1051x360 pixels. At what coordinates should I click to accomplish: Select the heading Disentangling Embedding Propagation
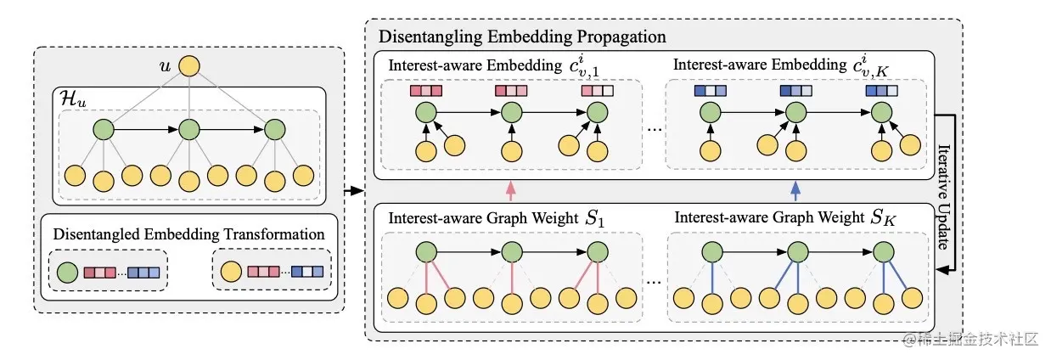click(x=522, y=37)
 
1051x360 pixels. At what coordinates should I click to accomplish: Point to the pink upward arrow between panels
click(x=510, y=188)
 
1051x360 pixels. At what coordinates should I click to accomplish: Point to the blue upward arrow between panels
click(x=795, y=188)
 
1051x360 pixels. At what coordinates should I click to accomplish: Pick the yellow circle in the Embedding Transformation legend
click(x=230, y=273)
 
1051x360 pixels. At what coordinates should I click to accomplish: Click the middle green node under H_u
click(x=188, y=131)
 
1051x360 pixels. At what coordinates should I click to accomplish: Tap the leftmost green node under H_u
click(x=104, y=131)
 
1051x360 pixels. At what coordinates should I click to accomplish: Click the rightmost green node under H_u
click(x=273, y=131)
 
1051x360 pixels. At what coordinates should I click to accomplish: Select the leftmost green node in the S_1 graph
click(x=427, y=252)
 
